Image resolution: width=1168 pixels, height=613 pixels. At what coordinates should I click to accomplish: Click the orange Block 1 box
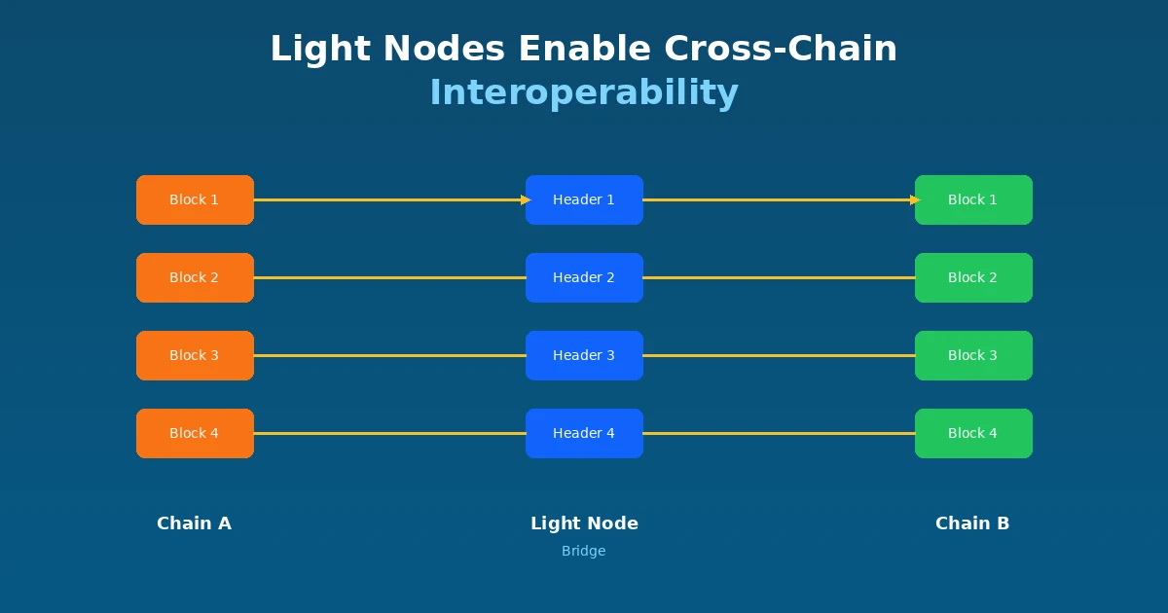coord(195,199)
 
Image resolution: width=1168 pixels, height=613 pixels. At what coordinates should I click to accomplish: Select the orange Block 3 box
coord(195,355)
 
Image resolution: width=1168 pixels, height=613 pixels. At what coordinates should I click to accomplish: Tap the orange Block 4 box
coord(195,433)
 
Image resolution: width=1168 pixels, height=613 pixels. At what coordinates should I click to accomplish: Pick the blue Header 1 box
coord(584,199)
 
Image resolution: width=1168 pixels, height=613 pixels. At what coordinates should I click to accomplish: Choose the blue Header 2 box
coord(584,277)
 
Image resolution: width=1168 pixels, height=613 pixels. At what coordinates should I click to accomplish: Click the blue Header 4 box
coord(584,433)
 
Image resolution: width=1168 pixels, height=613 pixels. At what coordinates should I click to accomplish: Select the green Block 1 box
coord(973,199)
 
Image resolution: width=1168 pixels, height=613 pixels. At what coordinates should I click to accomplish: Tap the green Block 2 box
coord(973,277)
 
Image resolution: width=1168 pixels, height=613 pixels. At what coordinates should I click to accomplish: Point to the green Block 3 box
coord(973,355)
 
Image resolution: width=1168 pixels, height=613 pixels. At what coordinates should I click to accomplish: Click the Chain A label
coord(194,523)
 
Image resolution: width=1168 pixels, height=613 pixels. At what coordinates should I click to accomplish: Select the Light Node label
coord(584,523)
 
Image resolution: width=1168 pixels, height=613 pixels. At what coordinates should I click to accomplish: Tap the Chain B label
coord(972,523)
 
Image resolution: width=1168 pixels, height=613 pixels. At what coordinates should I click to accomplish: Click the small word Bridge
coord(583,551)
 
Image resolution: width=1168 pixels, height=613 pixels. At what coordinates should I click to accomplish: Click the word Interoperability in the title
coord(584,92)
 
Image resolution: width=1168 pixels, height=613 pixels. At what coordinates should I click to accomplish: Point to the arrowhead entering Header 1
coord(525,199)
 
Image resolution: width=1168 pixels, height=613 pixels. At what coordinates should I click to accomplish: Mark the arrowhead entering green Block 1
coord(914,199)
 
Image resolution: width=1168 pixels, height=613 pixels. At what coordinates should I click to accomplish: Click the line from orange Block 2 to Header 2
coord(389,277)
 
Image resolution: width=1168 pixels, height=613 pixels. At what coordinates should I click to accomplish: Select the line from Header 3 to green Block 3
coord(779,355)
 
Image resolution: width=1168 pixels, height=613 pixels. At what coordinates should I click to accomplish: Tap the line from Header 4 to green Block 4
coord(779,433)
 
